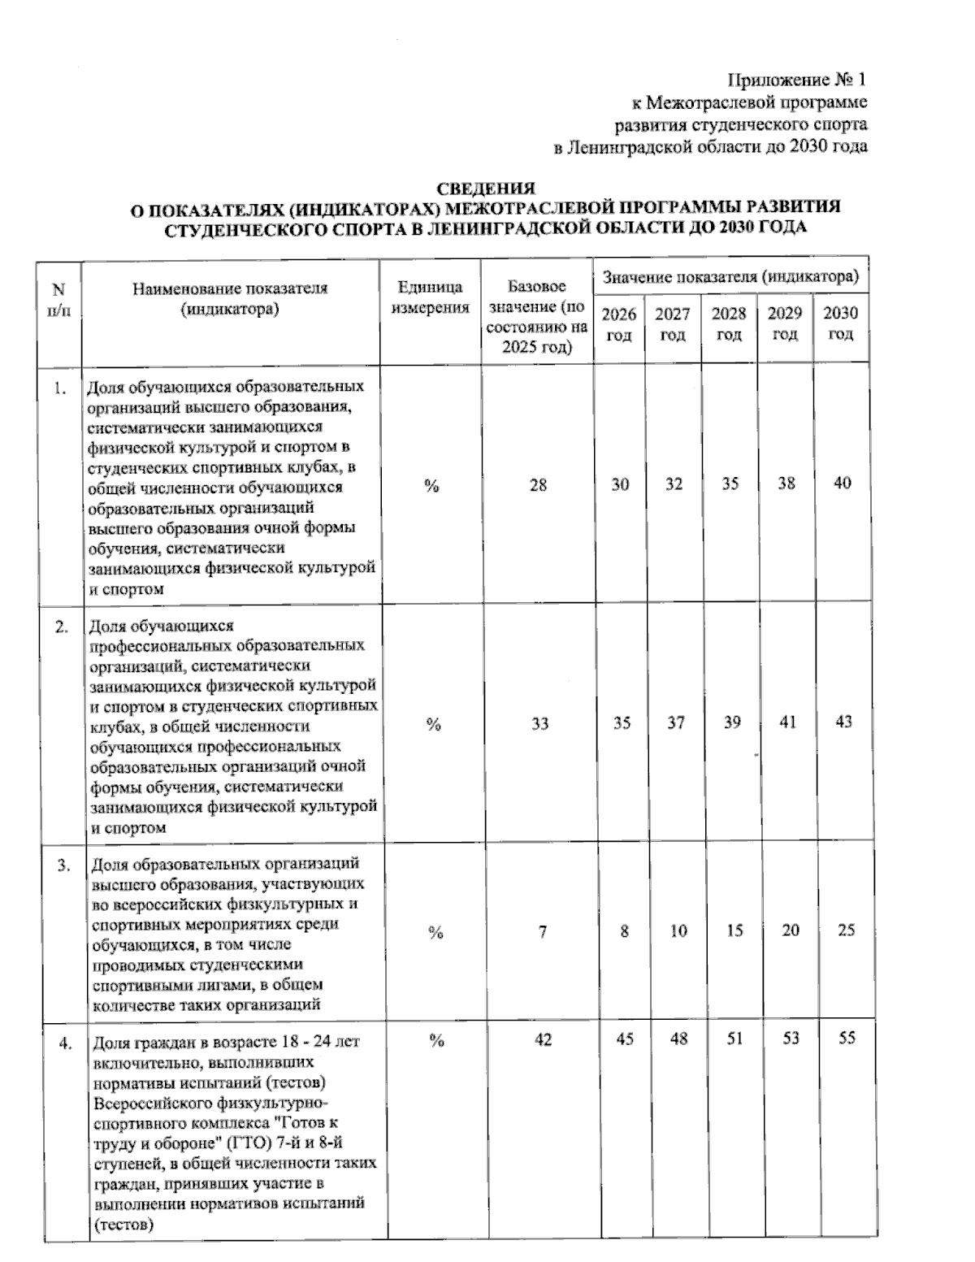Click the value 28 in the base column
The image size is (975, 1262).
coord(538,485)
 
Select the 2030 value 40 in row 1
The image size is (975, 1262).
coord(843,483)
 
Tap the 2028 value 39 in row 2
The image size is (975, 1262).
coord(732,722)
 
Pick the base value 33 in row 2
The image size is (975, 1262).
coord(539,723)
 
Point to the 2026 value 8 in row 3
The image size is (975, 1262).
coord(624,931)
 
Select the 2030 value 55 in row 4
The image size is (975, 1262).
coord(846,1039)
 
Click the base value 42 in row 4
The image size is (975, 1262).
coord(543,1039)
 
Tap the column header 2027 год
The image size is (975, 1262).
coord(673,324)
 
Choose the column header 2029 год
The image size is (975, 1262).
coord(785,324)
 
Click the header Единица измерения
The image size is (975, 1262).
coord(430,297)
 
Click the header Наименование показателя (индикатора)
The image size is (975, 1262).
coord(230,298)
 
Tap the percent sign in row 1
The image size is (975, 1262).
coord(431,486)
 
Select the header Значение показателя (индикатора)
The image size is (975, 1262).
coord(730,278)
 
